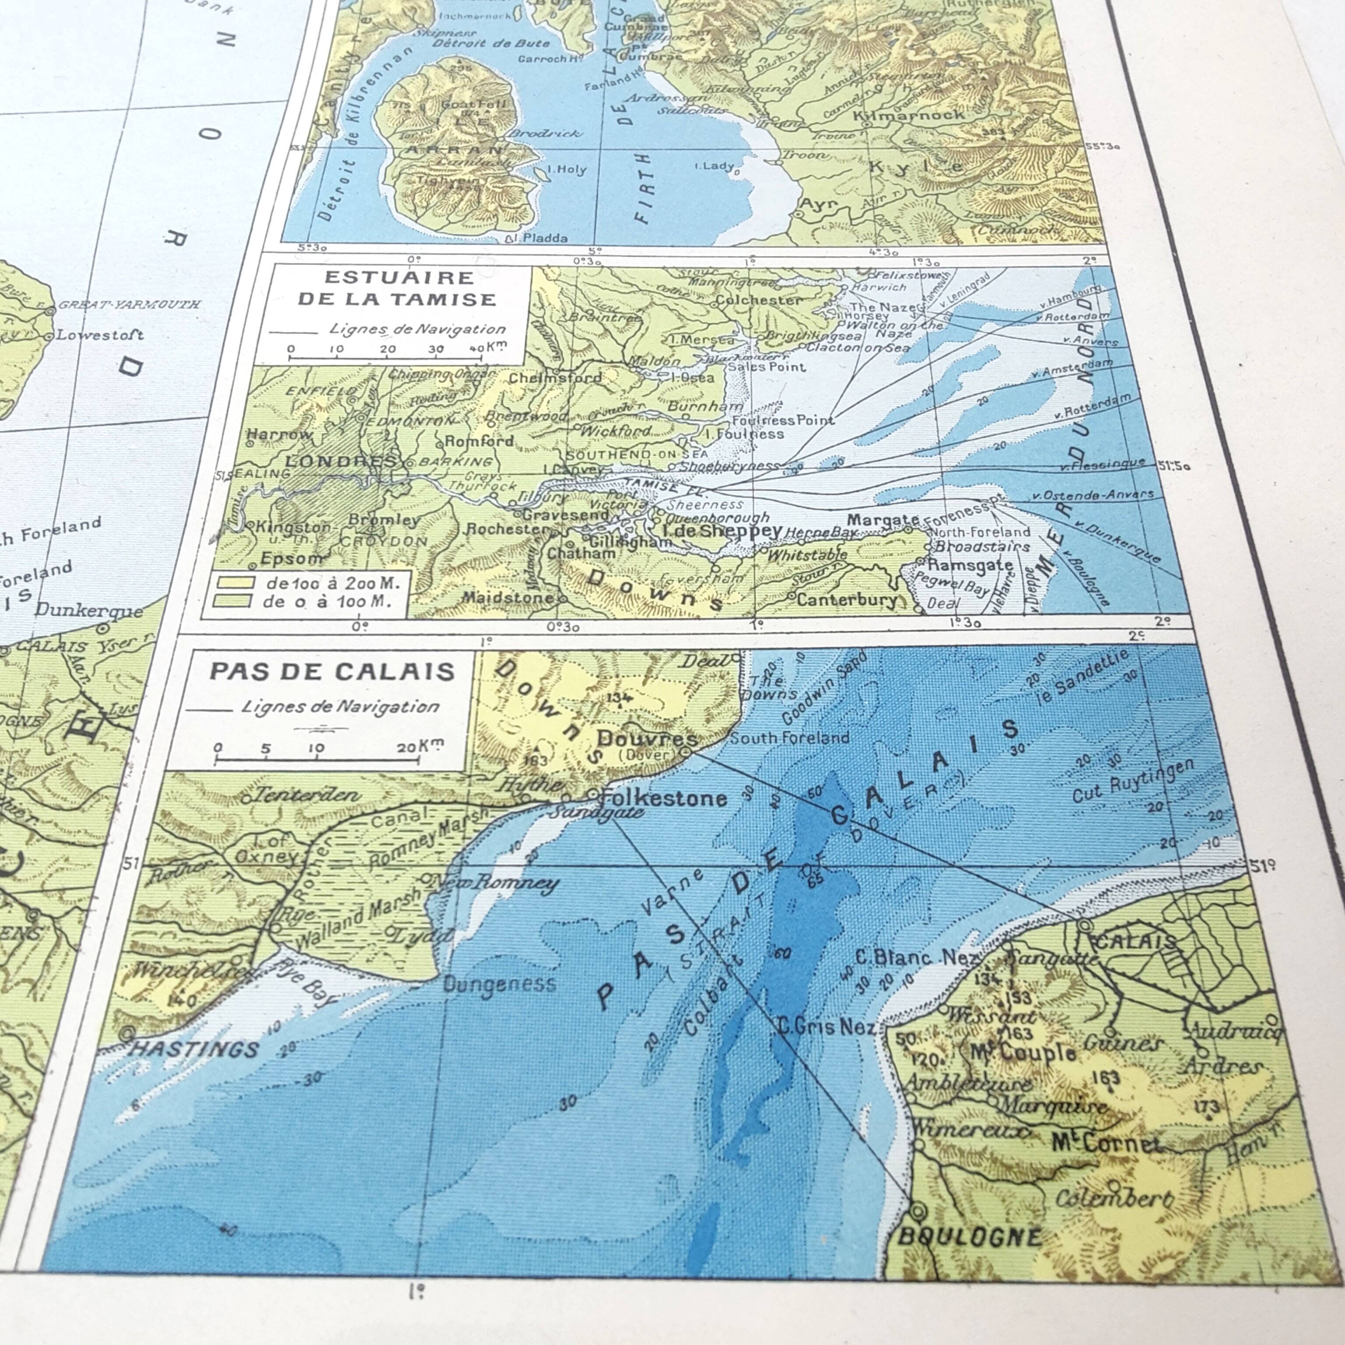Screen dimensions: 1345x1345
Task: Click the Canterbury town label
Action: (847, 599)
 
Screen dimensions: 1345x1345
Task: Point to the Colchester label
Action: (759, 300)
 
